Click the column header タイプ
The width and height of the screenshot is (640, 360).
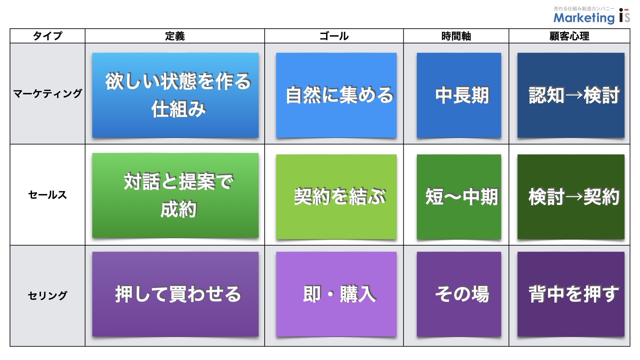(48, 36)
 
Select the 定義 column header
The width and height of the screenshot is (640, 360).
(175, 36)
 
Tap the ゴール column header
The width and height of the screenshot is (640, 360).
(334, 36)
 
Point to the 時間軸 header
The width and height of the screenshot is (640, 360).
(456, 36)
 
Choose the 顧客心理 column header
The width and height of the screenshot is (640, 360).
(569, 36)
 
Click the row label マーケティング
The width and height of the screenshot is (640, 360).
(48, 94)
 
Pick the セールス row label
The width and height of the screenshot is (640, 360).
(48, 195)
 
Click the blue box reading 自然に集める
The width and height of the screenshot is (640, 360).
(336, 95)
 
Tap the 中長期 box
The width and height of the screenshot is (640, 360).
(459, 95)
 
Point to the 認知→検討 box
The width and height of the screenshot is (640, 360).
(571, 95)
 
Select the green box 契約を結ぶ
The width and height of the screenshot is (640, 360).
(336, 197)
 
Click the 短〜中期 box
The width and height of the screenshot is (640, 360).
(459, 197)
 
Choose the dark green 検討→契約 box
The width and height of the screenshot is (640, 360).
(571, 197)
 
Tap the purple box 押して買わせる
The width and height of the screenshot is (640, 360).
(175, 294)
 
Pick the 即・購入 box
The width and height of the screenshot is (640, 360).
(336, 294)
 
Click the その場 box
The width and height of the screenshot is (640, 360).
(459, 294)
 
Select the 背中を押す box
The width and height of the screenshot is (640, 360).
(571, 294)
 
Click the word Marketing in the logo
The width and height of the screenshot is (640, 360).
(584, 18)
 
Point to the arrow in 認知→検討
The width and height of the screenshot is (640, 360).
(574, 96)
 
